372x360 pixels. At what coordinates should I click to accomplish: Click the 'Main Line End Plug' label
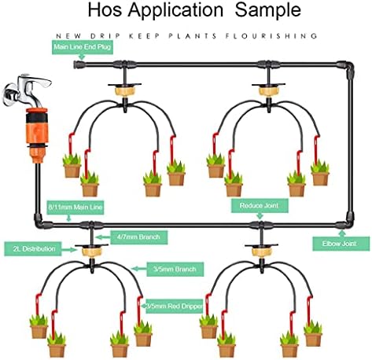click(83, 47)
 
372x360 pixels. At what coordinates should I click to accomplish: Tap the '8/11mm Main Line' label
click(76, 208)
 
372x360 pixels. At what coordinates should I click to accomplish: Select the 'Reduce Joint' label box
click(260, 205)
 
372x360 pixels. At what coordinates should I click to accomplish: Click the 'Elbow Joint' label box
click(341, 244)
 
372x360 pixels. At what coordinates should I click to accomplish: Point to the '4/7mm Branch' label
click(139, 237)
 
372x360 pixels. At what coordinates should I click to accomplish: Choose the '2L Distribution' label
click(33, 249)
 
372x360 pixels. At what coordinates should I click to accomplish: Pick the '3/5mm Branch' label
click(175, 269)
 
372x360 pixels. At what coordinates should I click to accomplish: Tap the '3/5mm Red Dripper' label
click(175, 306)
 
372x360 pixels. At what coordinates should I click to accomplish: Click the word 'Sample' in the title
click(267, 10)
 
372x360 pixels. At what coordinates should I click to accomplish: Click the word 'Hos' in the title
click(105, 10)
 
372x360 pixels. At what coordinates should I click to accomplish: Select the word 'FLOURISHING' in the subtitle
click(271, 36)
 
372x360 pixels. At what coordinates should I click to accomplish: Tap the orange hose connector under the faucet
click(37, 135)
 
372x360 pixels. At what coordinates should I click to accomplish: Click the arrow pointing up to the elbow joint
click(341, 233)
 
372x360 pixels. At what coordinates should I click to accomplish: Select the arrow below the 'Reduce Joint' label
click(260, 216)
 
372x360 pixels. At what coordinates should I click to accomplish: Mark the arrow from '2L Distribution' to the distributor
click(69, 250)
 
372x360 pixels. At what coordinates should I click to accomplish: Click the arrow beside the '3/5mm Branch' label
click(139, 269)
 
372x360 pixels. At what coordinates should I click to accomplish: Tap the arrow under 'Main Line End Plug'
click(82, 57)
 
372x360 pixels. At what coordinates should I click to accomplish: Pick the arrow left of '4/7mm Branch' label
click(103, 237)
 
